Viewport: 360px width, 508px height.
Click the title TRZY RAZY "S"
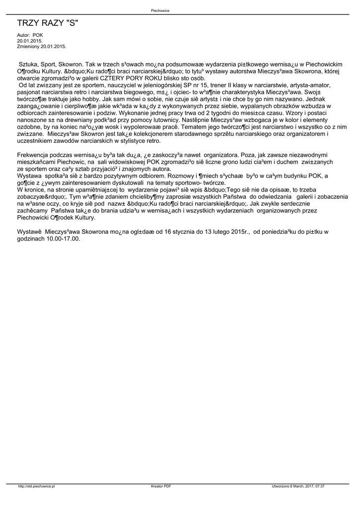48,23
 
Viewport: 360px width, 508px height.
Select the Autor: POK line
30,35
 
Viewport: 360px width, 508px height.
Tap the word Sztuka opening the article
29,64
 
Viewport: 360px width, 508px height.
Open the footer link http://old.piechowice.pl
36,487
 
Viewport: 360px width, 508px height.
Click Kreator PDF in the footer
161,487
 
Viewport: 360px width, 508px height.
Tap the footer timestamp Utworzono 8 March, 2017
298,487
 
